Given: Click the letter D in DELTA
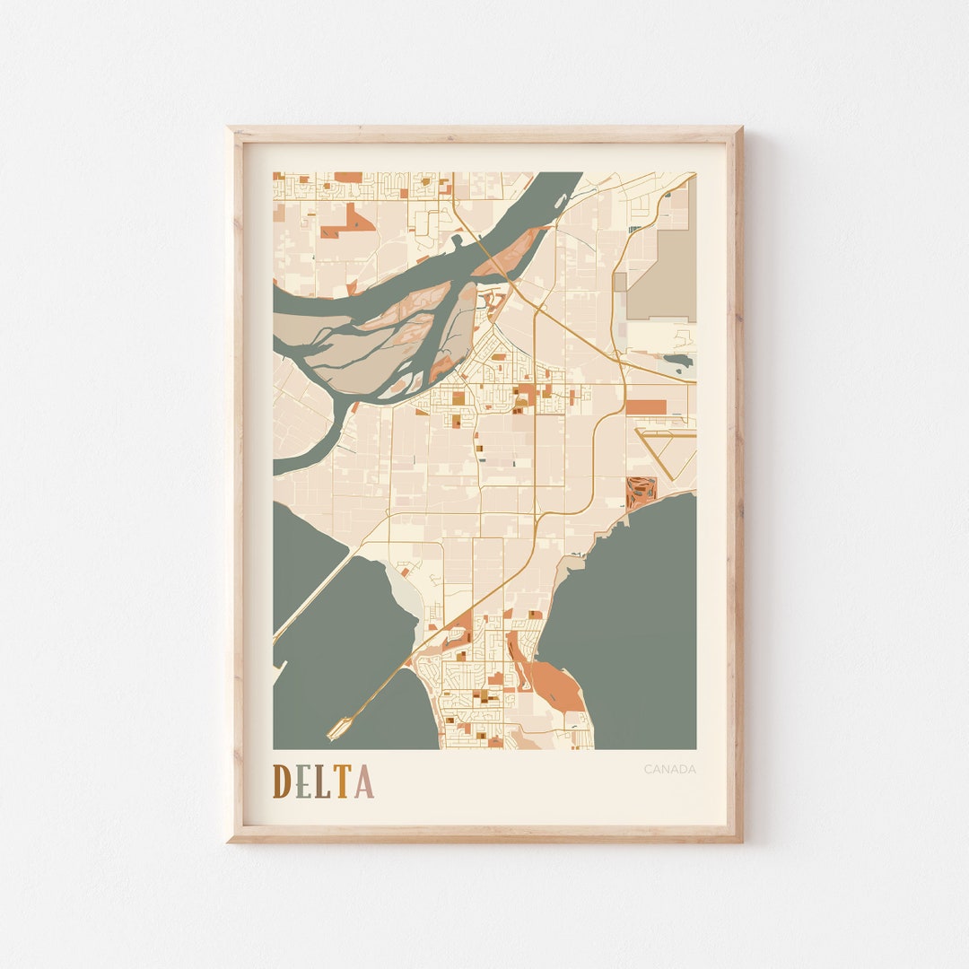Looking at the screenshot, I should click(282, 781).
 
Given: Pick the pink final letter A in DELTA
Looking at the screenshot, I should click(363, 781).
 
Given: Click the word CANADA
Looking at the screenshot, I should click(669, 769).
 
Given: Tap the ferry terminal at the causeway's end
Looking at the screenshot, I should click(338, 729).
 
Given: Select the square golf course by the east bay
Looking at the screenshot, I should click(641, 492).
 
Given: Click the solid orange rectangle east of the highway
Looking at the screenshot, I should click(646, 406).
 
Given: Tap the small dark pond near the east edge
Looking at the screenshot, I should click(679, 360).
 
